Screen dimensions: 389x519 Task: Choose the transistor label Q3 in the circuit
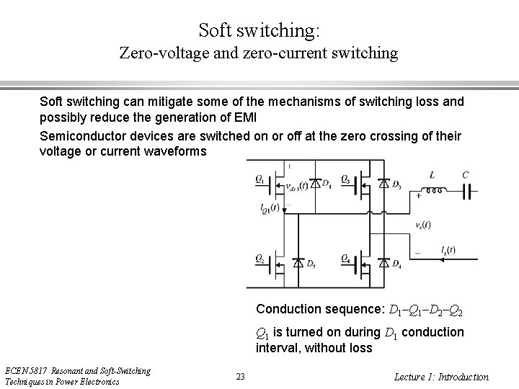[x=346, y=178]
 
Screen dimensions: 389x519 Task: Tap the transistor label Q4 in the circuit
[x=346, y=258]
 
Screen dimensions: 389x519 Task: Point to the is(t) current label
[x=447, y=250]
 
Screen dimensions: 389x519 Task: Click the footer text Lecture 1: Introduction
[x=442, y=376]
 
